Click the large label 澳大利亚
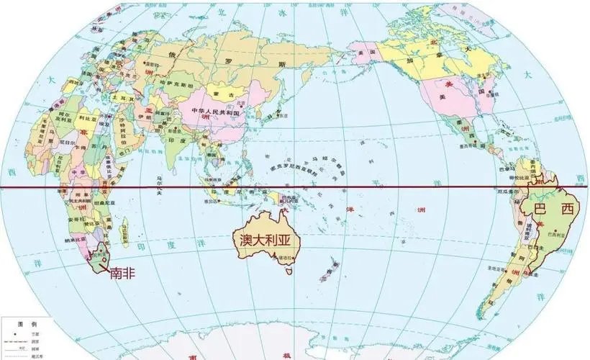click(x=265, y=238)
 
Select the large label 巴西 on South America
click(x=553, y=210)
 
